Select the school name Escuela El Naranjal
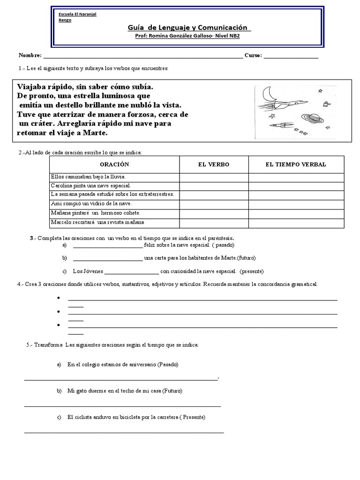(x=77, y=14)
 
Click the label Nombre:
(x=30, y=55)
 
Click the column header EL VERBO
(x=214, y=165)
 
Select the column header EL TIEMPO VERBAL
(x=296, y=165)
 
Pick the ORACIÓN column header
(x=114, y=165)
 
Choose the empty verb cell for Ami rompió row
(x=214, y=203)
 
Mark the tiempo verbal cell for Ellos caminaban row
(x=296, y=177)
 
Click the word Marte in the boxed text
(x=97, y=133)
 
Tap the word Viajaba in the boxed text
(x=33, y=87)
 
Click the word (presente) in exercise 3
(x=252, y=271)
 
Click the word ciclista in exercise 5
(x=88, y=417)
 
